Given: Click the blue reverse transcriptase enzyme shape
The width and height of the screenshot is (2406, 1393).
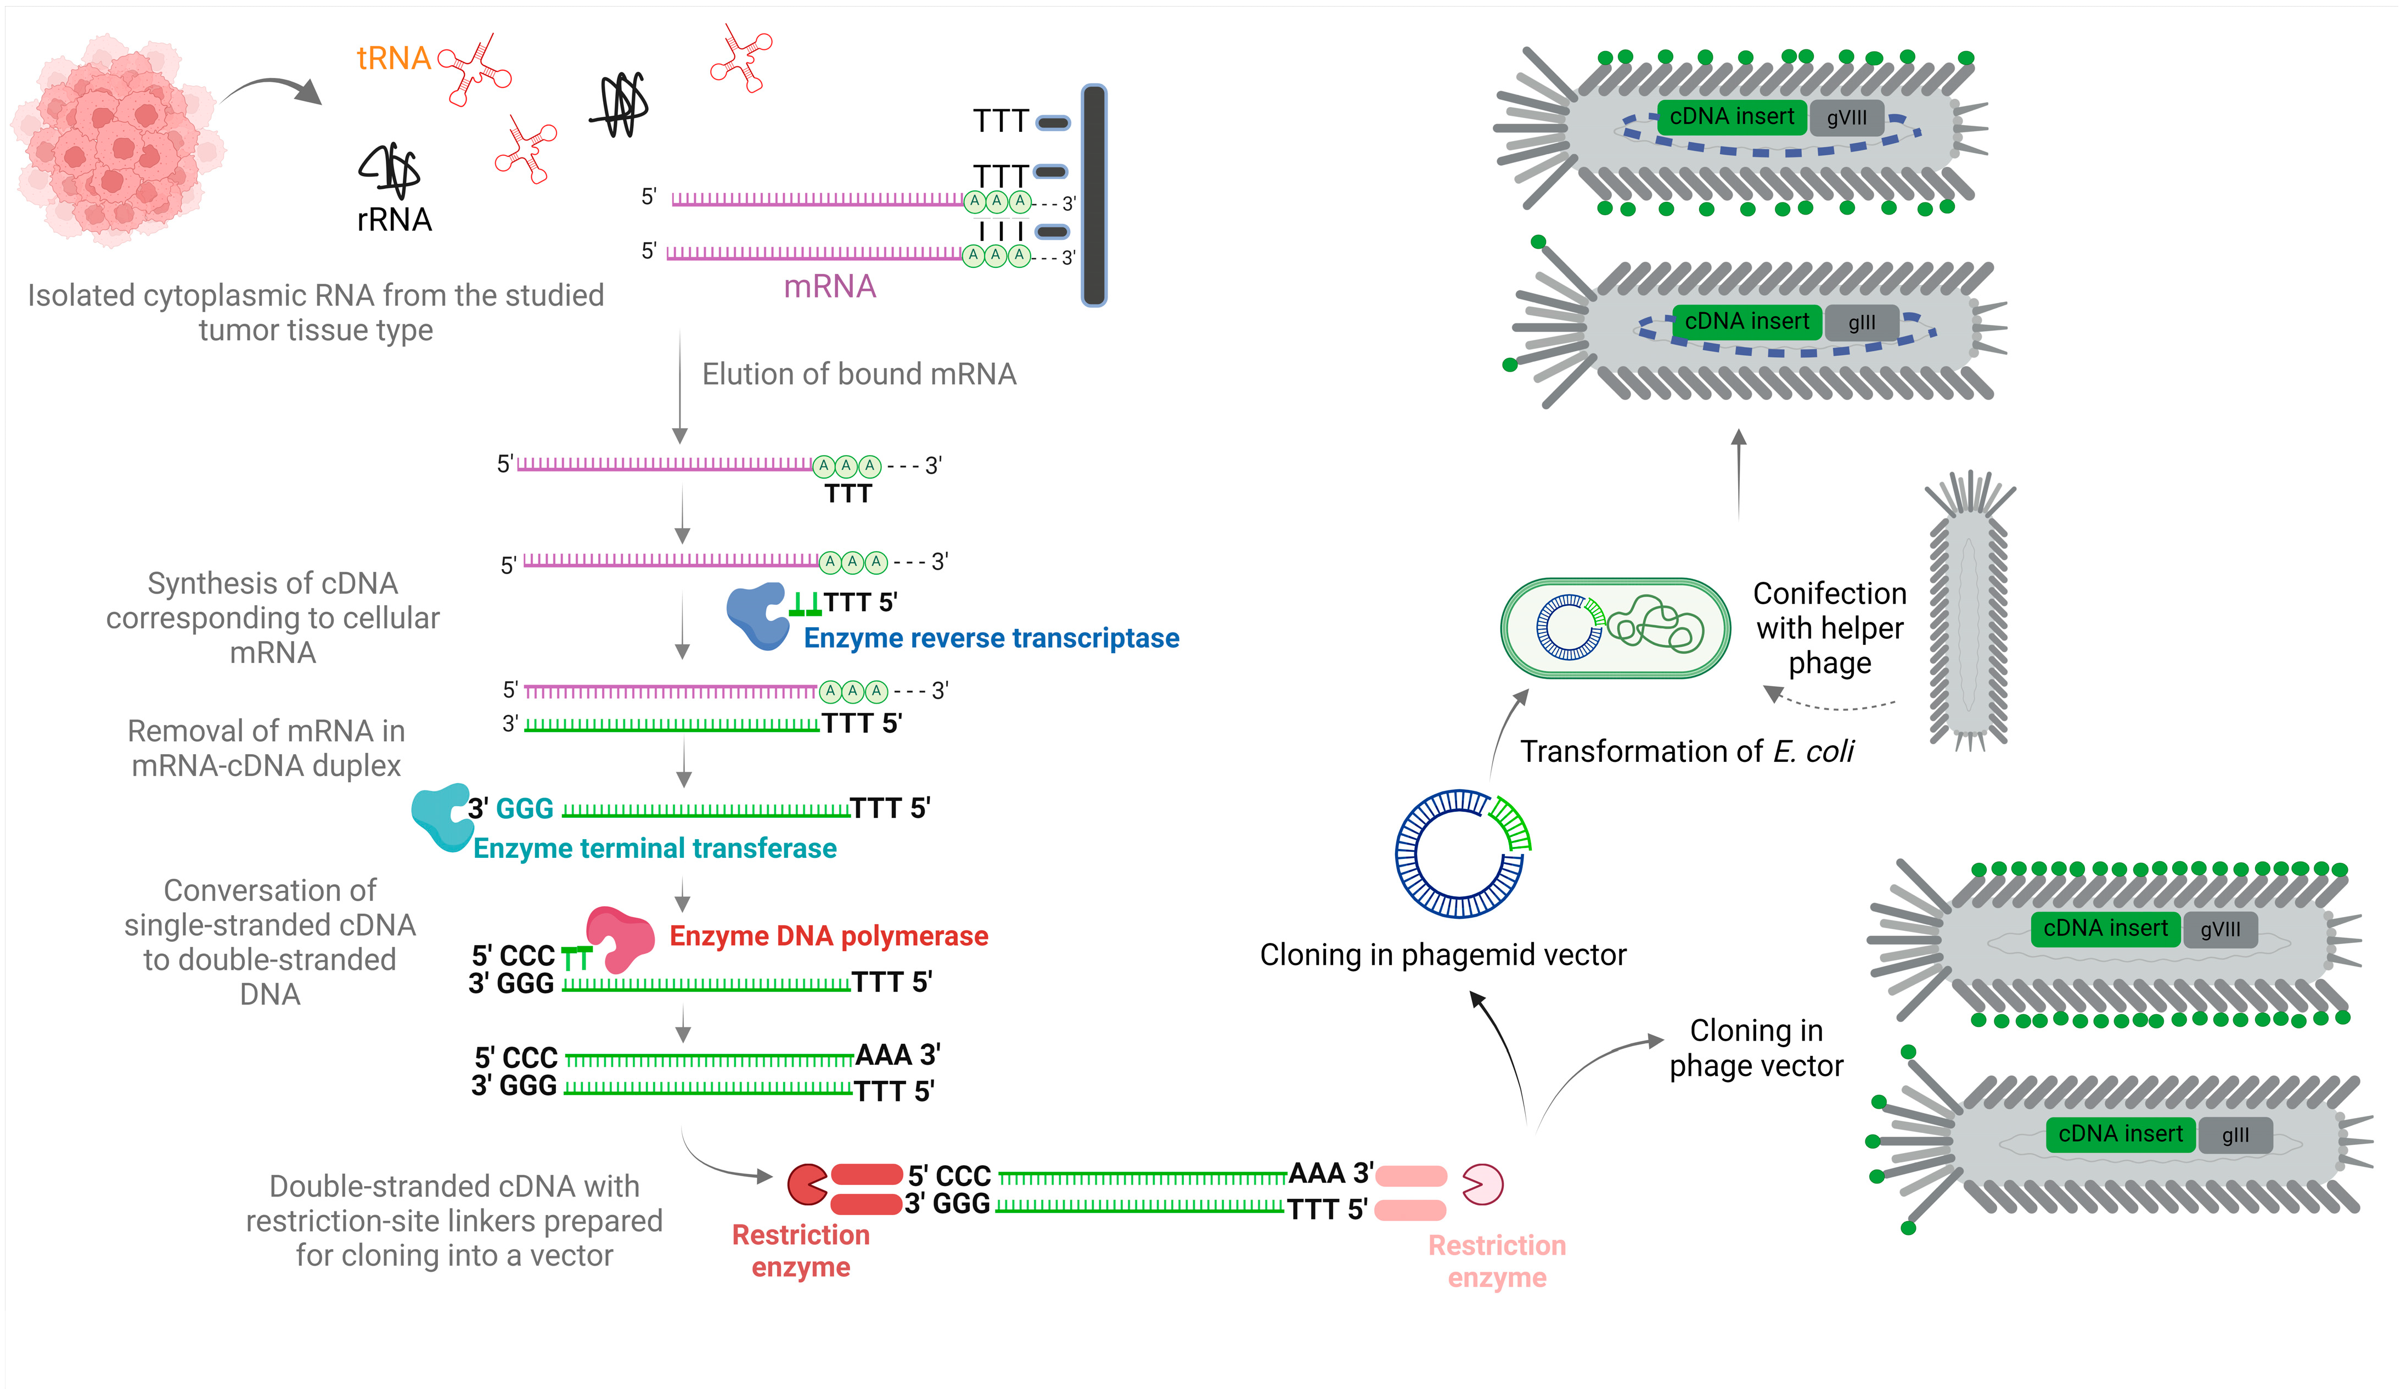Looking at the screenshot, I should (758, 616).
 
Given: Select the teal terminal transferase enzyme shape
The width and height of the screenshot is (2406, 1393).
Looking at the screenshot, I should (441, 816).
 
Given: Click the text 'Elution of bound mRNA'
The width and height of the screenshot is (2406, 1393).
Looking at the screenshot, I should (858, 374).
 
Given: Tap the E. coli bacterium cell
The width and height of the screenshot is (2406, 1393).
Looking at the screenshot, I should (1616, 628).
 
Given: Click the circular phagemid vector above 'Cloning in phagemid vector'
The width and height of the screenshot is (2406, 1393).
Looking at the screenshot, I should (1461, 852).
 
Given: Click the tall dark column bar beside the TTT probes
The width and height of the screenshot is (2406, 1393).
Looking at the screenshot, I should (1094, 196).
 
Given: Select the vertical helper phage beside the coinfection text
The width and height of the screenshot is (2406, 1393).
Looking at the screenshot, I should (1969, 611).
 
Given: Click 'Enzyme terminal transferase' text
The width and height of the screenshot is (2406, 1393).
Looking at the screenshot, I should (655, 849).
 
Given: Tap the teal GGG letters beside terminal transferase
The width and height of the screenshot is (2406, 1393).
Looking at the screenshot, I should (524, 808).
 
